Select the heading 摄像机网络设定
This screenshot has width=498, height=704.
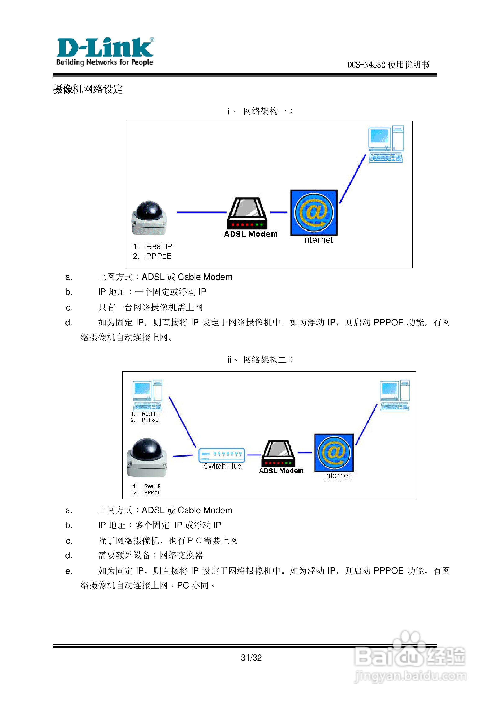tap(88, 89)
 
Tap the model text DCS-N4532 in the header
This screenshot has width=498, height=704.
tap(366, 65)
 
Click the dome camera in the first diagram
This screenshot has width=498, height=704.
tap(149, 217)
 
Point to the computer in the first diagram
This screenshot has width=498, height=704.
tap(386, 144)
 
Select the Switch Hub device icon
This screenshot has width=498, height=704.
tap(221, 455)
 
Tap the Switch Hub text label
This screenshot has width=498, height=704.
tap(223, 466)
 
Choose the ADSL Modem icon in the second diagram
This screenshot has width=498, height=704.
tap(278, 454)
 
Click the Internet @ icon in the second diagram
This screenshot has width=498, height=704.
tap(334, 452)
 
